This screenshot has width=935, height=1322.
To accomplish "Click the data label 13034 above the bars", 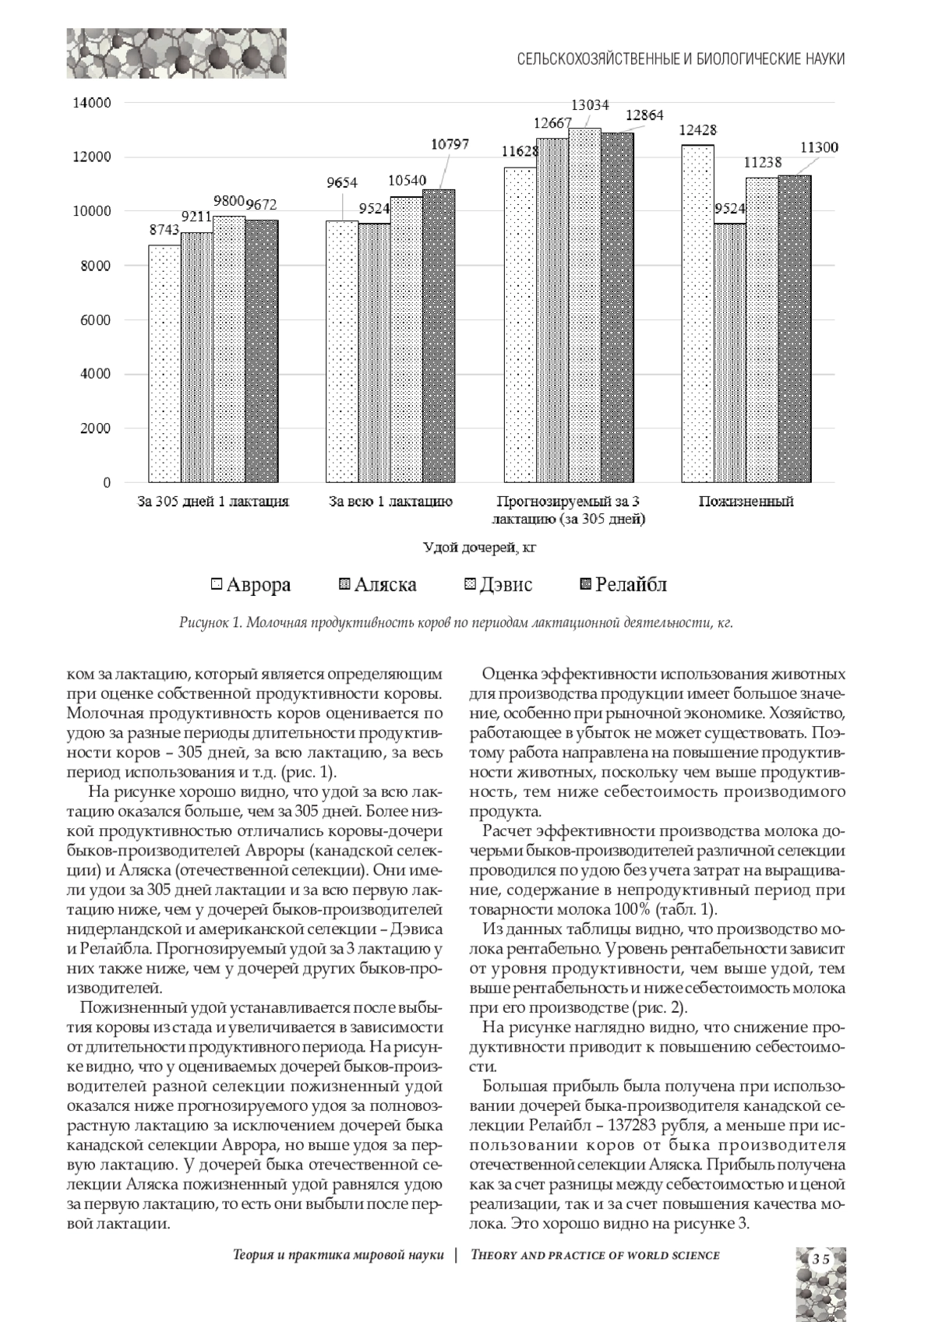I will [590, 104].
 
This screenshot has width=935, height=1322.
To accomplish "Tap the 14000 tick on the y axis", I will [92, 102].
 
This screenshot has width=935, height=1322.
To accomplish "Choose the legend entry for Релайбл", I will [623, 584].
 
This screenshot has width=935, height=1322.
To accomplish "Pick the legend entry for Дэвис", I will [499, 584].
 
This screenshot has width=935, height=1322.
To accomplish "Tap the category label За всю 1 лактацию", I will [391, 502].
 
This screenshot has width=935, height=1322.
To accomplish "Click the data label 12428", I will [698, 130].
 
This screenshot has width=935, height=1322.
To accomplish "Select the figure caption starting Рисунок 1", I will [457, 623].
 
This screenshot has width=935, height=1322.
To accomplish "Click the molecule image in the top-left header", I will [176, 53].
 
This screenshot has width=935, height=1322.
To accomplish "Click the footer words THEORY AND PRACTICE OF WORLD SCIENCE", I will [595, 1255].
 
